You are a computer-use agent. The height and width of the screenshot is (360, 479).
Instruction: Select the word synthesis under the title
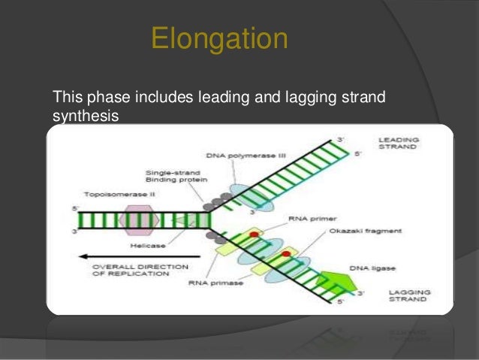[x=86, y=116]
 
